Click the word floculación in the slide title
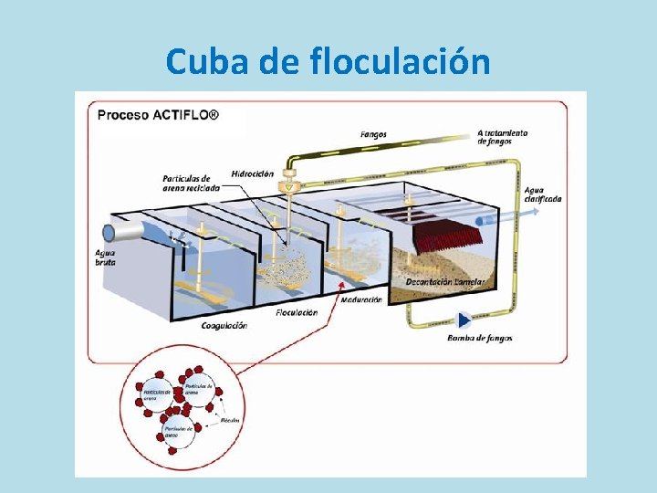pyautogui.click(x=401, y=61)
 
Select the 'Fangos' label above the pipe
pyautogui.click(x=373, y=135)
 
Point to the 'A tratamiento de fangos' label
pyautogui.click(x=502, y=137)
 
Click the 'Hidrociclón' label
pyautogui.click(x=252, y=173)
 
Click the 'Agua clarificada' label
pyautogui.click(x=543, y=194)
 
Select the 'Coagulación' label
pyautogui.click(x=224, y=326)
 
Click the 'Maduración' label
pyautogui.click(x=360, y=299)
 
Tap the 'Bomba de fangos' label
pyautogui.click(x=479, y=339)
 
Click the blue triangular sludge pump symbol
pyautogui.click(x=464, y=320)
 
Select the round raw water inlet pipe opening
pyautogui.click(x=109, y=232)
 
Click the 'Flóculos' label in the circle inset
pyautogui.click(x=230, y=421)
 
